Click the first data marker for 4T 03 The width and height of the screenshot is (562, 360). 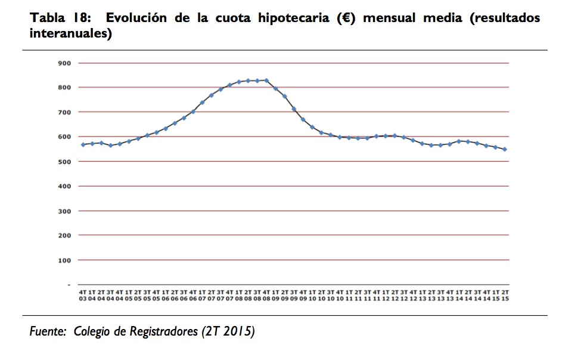click(83, 144)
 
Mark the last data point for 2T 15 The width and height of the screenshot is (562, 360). click(505, 149)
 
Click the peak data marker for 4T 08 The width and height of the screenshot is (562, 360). click(266, 80)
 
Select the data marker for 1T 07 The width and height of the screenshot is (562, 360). click(202, 103)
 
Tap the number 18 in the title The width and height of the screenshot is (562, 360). click(83, 18)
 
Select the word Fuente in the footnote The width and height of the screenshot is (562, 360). click(47, 331)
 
